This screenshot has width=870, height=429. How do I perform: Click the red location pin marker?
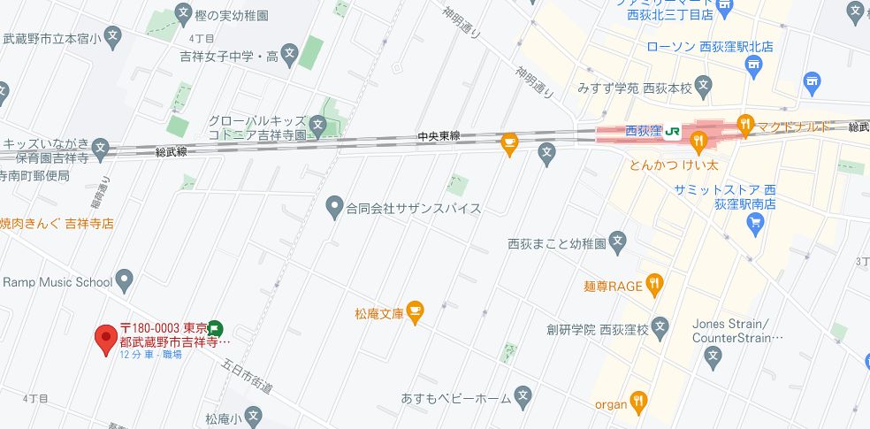tap(106, 338)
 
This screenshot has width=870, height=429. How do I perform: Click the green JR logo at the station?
tap(673, 131)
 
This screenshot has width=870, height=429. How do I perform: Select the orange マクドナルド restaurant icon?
tap(744, 125)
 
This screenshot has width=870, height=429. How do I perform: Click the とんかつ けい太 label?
tap(672, 165)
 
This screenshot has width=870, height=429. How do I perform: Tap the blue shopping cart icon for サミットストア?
tap(755, 221)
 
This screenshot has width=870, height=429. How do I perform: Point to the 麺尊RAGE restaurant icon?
tap(654, 283)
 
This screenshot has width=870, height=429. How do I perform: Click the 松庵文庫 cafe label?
tap(378, 312)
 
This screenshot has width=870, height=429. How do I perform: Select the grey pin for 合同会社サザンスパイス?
tap(334, 209)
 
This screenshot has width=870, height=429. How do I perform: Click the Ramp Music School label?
tap(57, 282)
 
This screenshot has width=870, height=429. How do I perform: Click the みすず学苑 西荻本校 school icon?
tap(703, 86)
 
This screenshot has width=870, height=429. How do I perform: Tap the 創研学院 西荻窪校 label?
tap(598, 330)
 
